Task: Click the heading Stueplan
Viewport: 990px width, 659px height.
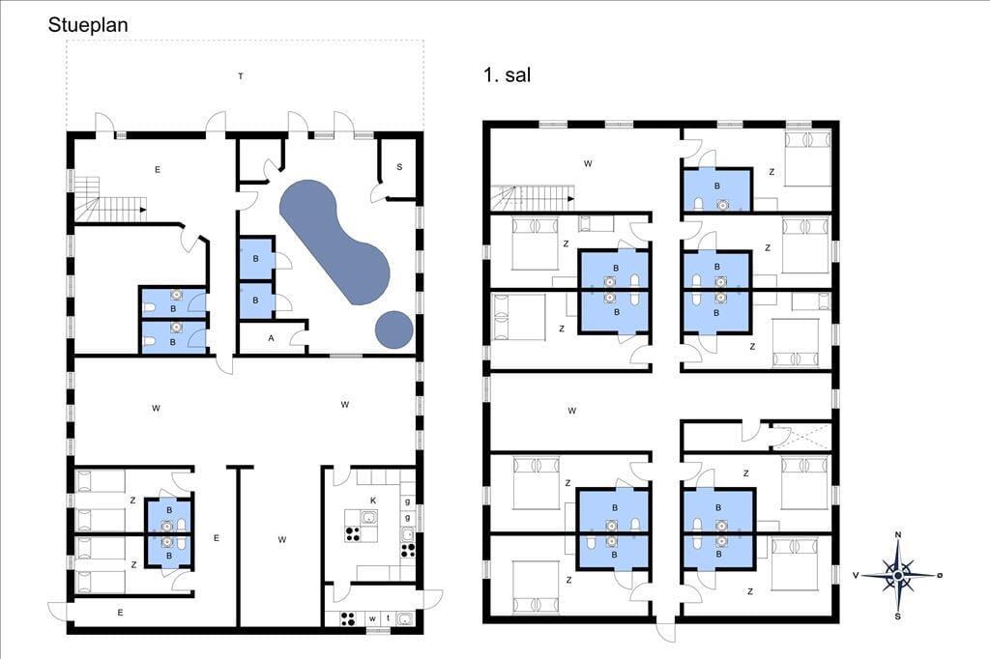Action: [88, 25]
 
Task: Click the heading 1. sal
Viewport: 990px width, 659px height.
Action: [507, 75]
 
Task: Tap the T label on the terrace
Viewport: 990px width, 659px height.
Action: [241, 76]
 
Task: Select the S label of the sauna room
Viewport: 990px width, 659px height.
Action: [399, 167]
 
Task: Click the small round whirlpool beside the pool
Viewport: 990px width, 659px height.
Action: [394, 330]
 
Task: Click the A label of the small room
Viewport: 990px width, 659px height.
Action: [272, 338]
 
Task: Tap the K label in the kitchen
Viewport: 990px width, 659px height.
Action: [373, 501]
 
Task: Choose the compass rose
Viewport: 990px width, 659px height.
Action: [898, 575]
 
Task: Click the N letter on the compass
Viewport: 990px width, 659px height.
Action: [898, 535]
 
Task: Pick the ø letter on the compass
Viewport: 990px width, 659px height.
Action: [940, 574]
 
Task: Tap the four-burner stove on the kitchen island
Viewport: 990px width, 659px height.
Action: [352, 534]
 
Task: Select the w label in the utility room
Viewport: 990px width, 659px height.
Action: [372, 618]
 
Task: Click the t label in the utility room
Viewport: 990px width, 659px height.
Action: [389, 618]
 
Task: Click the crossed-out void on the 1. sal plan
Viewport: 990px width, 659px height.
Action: [800, 436]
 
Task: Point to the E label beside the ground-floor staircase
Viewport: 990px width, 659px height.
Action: [158, 169]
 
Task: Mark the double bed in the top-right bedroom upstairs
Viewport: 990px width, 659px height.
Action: [807, 158]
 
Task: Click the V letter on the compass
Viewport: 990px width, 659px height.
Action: [856, 575]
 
